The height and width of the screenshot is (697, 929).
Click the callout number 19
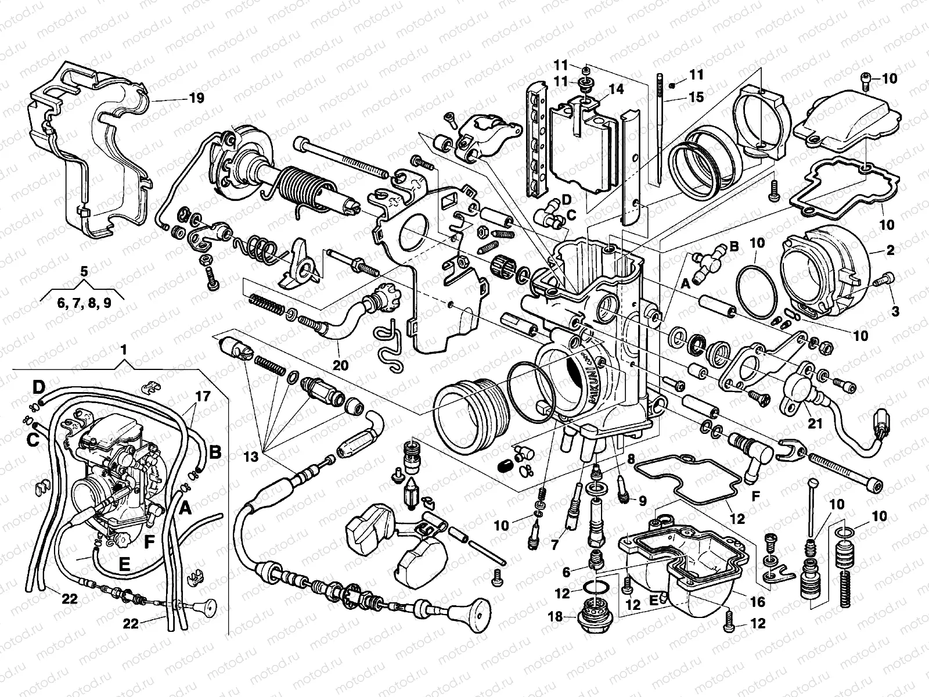[x=196, y=98]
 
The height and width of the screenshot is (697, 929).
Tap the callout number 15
[x=696, y=97]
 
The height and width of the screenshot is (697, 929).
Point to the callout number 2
[x=890, y=251]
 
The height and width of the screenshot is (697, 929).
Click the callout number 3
[x=895, y=311]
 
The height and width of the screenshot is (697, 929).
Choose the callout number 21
[x=816, y=424]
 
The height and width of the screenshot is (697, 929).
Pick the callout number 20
[x=340, y=365]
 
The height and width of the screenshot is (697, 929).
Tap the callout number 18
[x=556, y=617]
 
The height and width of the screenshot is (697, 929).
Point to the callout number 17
[x=203, y=397]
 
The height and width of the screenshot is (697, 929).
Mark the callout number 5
[x=84, y=271]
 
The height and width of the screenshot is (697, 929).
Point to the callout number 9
[x=642, y=499]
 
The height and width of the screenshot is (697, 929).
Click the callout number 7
[x=554, y=544]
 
